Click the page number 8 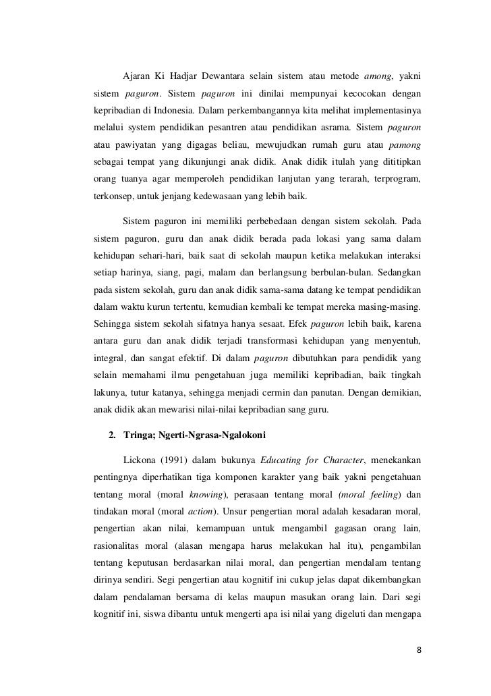420,650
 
